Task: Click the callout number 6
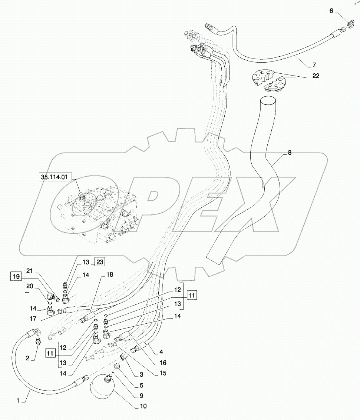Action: [331, 11]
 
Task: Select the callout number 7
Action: [314, 65]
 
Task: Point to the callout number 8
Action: [290, 152]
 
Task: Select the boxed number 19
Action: [15, 276]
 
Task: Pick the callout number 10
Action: [143, 406]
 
